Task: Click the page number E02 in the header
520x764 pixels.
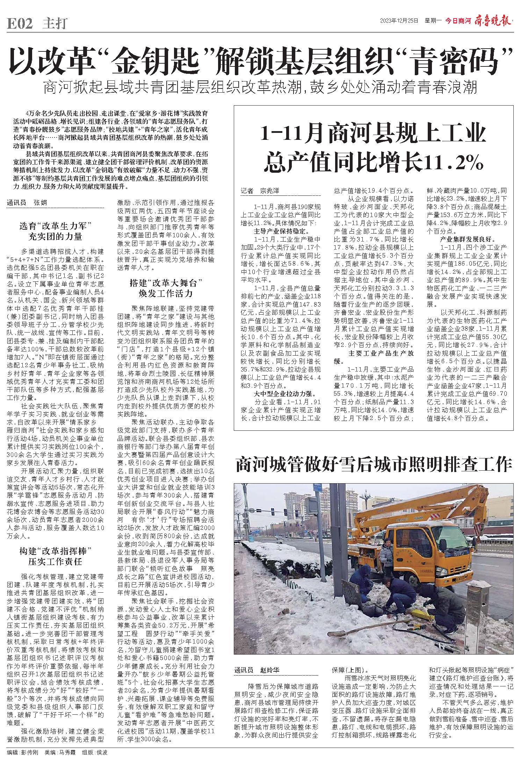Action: coord(20,23)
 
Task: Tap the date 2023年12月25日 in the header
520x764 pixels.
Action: coord(399,21)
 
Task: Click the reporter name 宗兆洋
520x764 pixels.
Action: coord(269,191)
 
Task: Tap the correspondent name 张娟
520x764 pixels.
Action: coord(40,203)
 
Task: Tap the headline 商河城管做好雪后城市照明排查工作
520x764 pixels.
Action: coord(374,465)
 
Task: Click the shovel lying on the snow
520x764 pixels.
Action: coord(353,629)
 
